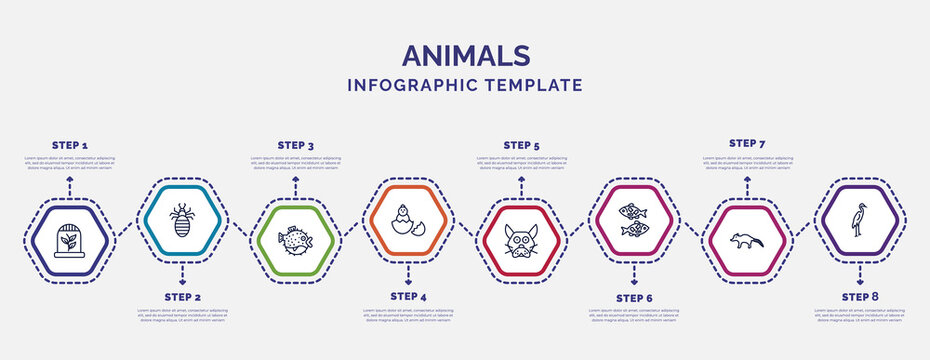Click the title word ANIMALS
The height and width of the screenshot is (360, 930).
click(x=464, y=54)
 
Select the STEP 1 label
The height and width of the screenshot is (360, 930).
click(x=69, y=145)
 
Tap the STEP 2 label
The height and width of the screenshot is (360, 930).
click(x=182, y=298)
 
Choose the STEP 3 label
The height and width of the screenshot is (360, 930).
click(x=295, y=145)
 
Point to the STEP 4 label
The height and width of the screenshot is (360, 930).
click(x=408, y=297)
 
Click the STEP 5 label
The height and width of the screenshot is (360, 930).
click(x=521, y=145)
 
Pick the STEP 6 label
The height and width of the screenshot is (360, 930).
click(x=634, y=298)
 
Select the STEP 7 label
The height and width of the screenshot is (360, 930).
click(x=747, y=143)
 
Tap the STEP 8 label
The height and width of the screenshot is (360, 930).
click(x=860, y=297)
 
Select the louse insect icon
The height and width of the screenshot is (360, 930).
click(x=182, y=217)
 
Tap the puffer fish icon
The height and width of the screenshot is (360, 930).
click(x=295, y=241)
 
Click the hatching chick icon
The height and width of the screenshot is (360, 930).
click(x=408, y=217)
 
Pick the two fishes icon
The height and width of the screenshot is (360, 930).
click(x=634, y=220)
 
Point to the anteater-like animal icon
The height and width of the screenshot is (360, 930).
click(x=747, y=241)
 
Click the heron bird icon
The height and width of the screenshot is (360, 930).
click(x=859, y=220)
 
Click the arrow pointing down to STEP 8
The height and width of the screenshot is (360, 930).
click(x=860, y=271)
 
